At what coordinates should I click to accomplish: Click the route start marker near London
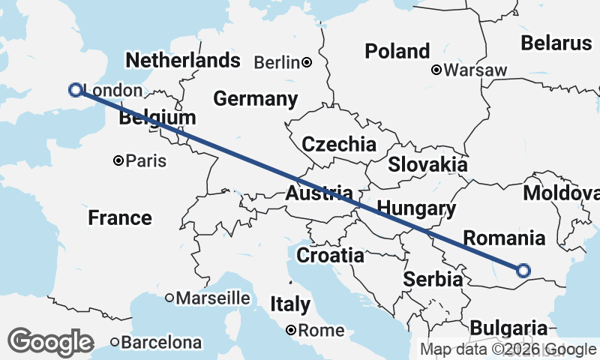pyautogui.click(x=75, y=90)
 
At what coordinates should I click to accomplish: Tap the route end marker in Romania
pyautogui.click(x=523, y=270)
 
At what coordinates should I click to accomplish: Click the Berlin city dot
pyautogui.click(x=307, y=62)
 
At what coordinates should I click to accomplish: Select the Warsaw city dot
pyautogui.click(x=436, y=70)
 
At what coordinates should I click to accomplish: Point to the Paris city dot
pyautogui.click(x=118, y=160)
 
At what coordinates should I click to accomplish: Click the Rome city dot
pyautogui.click(x=292, y=330)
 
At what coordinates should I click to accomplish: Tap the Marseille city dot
pyautogui.click(x=169, y=298)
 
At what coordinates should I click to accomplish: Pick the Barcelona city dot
pyautogui.click(x=115, y=343)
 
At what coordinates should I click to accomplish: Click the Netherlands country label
pyautogui.click(x=183, y=60)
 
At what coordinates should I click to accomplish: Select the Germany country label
pyautogui.click(x=255, y=99)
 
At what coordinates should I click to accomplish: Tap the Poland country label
pyautogui.click(x=397, y=51)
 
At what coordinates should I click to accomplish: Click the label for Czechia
pyautogui.click(x=338, y=144)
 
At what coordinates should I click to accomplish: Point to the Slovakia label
pyautogui.click(x=427, y=165)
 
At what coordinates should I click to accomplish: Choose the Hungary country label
pyautogui.click(x=417, y=207)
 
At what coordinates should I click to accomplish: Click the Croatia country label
pyautogui.click(x=330, y=255)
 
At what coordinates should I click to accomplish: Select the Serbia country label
pyautogui.click(x=432, y=279)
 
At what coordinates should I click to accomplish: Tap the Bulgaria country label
pyautogui.click(x=508, y=328)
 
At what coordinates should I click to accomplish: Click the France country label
pyautogui.click(x=120, y=218)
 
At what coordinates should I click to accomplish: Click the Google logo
pyautogui.click(x=51, y=342)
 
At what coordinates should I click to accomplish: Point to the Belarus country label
pyautogui.click(x=556, y=43)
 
